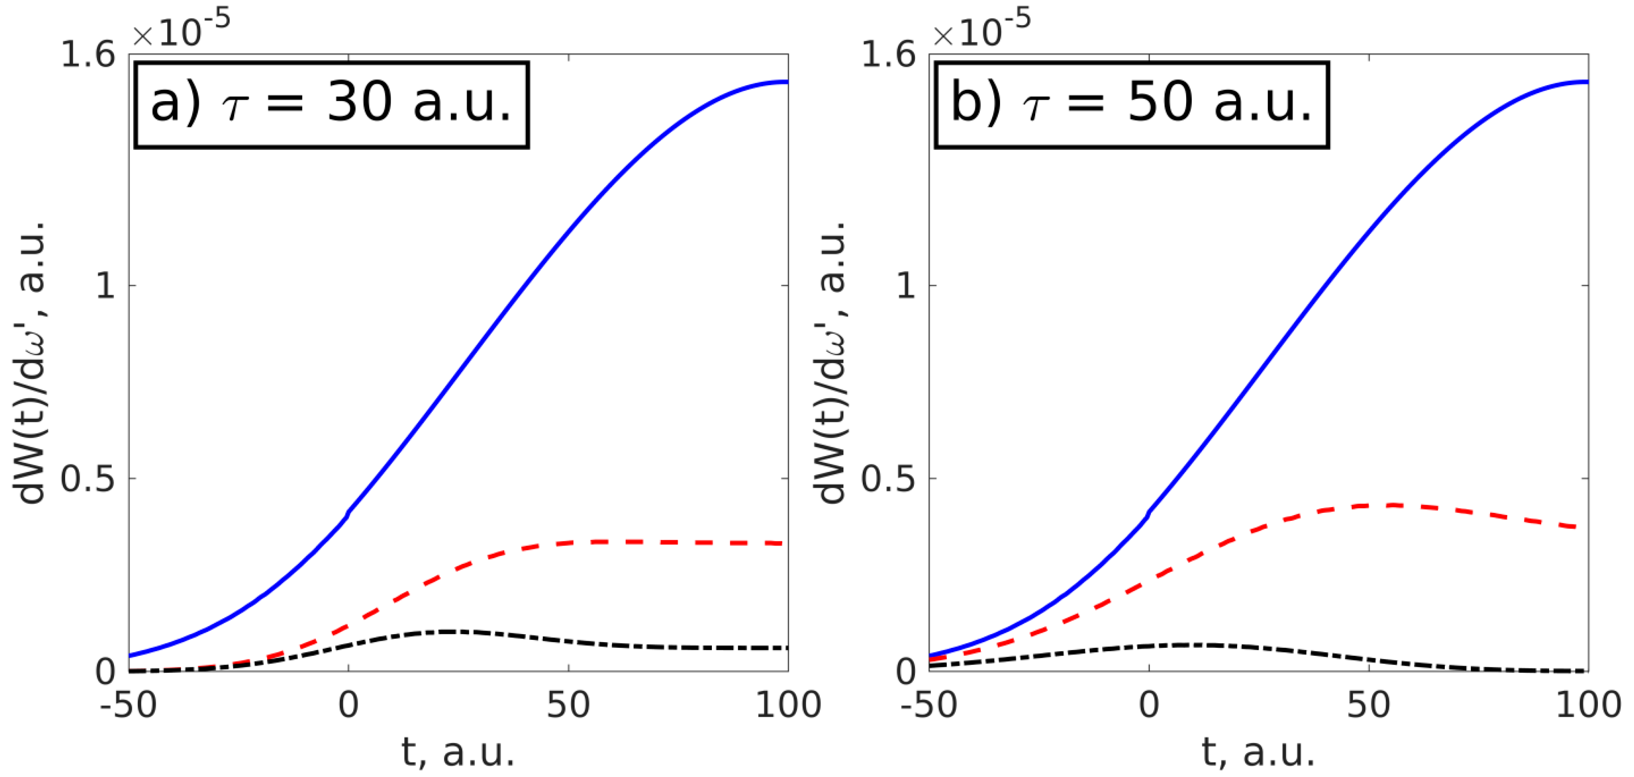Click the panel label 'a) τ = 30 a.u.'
point(331,105)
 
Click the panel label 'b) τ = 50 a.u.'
point(1132,105)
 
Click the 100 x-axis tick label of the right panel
point(1588,705)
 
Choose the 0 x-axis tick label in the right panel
point(1149,705)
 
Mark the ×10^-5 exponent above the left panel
point(181,29)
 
